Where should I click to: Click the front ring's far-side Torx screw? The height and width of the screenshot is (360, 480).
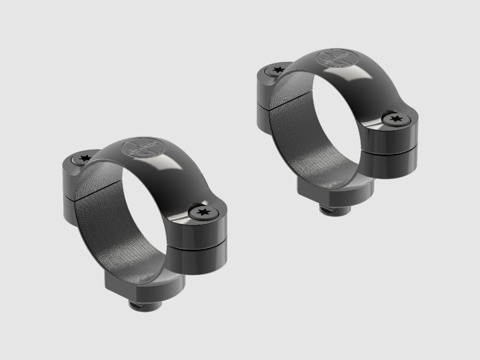[x=84, y=158]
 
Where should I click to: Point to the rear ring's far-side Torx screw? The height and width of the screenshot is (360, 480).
[x=277, y=70]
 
